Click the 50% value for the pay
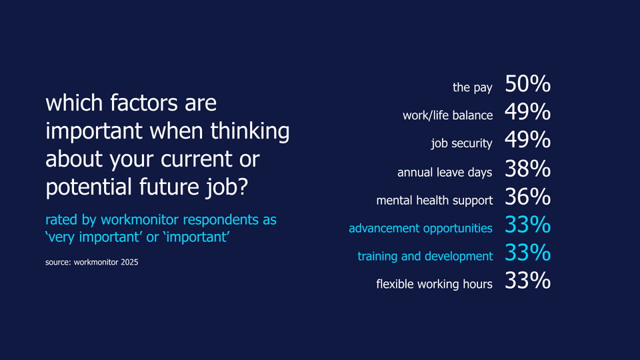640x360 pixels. click(x=527, y=85)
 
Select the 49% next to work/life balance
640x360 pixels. click(x=527, y=113)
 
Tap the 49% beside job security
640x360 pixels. click(x=527, y=141)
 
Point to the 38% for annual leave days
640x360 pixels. click(x=527, y=170)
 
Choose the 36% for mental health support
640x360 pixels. click(x=527, y=198)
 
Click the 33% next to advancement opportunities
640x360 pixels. click(x=527, y=226)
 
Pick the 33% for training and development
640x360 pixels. click(x=527, y=254)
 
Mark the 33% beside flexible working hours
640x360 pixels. click(x=527, y=282)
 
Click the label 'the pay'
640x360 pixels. click(x=473, y=88)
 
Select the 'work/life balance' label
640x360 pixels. click(x=447, y=116)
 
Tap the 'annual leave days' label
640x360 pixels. click(x=445, y=173)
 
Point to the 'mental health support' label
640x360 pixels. click(x=434, y=201)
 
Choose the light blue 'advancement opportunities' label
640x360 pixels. click(x=420, y=229)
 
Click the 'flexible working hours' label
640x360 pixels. click(x=434, y=285)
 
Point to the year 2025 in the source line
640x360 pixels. click(x=127, y=263)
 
